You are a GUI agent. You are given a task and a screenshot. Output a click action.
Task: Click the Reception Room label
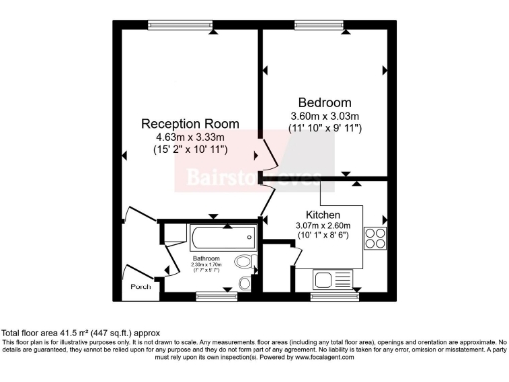tap(189, 123)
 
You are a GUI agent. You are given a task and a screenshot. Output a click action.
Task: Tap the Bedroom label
tap(324, 102)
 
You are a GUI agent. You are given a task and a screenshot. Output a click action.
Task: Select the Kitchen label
tap(323, 214)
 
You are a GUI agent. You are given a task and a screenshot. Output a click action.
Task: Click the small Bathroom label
tap(206, 258)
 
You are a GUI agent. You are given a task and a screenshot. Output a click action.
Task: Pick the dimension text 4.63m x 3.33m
tap(189, 136)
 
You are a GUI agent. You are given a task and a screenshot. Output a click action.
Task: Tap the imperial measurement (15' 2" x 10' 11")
tap(189, 149)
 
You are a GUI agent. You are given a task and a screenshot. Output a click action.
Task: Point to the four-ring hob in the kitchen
tap(376, 237)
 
